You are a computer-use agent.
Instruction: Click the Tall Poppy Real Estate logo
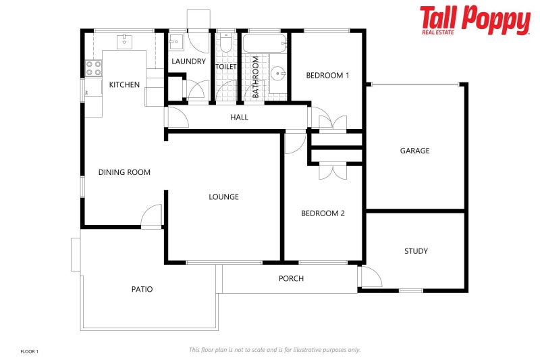475,20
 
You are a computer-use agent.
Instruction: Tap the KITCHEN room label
124,84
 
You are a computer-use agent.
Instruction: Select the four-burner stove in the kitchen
93,68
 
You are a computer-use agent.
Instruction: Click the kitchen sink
125,42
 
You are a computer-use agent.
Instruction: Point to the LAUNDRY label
188,61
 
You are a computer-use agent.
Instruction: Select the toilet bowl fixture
225,44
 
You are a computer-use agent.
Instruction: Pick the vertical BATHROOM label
256,77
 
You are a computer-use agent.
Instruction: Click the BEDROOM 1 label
327,75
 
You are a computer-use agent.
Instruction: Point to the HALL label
239,117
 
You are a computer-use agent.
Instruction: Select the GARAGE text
414,151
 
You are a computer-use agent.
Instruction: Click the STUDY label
416,251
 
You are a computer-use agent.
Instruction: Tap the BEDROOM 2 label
323,213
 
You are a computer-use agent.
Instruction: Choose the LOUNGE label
223,197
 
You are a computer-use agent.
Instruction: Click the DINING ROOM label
124,172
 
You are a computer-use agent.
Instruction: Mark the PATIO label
142,289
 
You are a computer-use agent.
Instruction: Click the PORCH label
291,278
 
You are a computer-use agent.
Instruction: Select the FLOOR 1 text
30,351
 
